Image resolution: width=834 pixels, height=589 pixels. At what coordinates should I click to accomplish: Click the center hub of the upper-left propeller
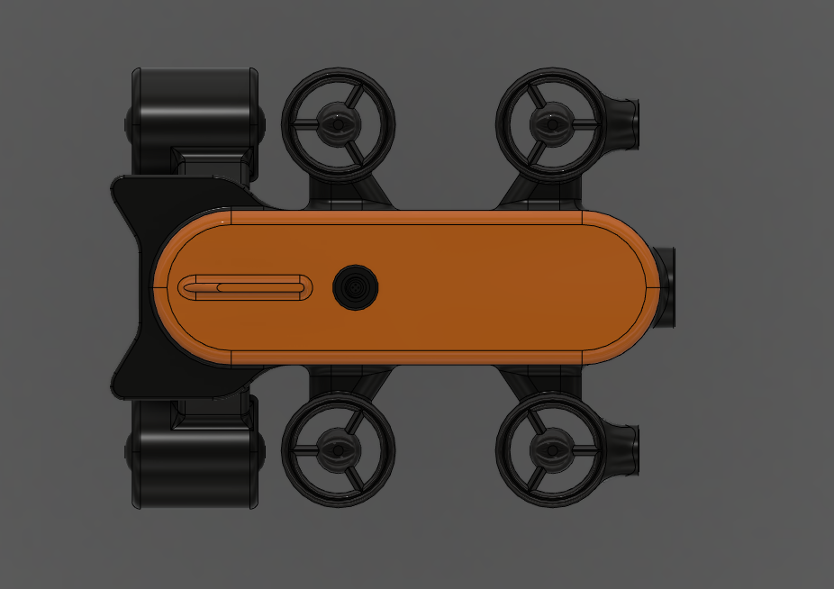click(x=338, y=123)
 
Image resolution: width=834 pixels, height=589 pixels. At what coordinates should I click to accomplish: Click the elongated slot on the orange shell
click(x=245, y=287)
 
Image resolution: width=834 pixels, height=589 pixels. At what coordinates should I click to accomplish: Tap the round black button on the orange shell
click(x=356, y=287)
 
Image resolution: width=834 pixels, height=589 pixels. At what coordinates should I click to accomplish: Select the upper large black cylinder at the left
click(x=196, y=110)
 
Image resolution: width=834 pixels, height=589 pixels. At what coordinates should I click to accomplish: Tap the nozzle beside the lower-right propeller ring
click(x=625, y=450)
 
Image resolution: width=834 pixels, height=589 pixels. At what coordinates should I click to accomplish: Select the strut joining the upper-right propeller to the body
click(x=522, y=192)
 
